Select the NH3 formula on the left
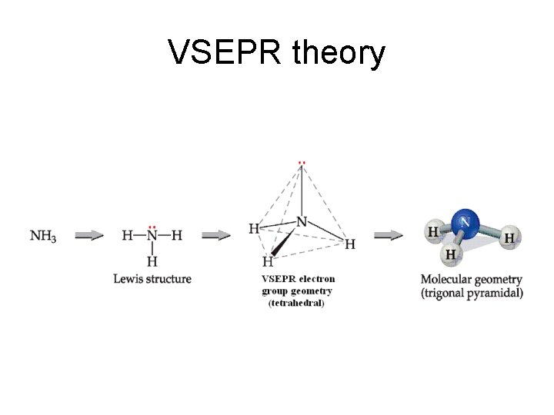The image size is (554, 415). (x=43, y=236)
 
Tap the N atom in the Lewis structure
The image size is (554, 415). (x=152, y=236)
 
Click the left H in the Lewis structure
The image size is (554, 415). (x=127, y=236)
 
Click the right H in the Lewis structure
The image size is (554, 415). (x=177, y=236)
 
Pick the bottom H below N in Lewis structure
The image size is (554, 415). (x=152, y=261)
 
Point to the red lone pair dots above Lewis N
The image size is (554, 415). (x=152, y=227)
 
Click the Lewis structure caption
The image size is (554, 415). (x=152, y=279)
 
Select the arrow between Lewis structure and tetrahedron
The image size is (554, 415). (x=216, y=235)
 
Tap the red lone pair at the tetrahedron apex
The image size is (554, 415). (x=302, y=163)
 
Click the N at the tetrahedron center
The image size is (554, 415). (x=302, y=222)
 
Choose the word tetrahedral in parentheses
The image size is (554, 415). (x=297, y=304)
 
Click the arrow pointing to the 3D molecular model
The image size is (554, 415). (x=388, y=235)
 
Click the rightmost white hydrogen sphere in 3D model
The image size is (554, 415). (x=509, y=238)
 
